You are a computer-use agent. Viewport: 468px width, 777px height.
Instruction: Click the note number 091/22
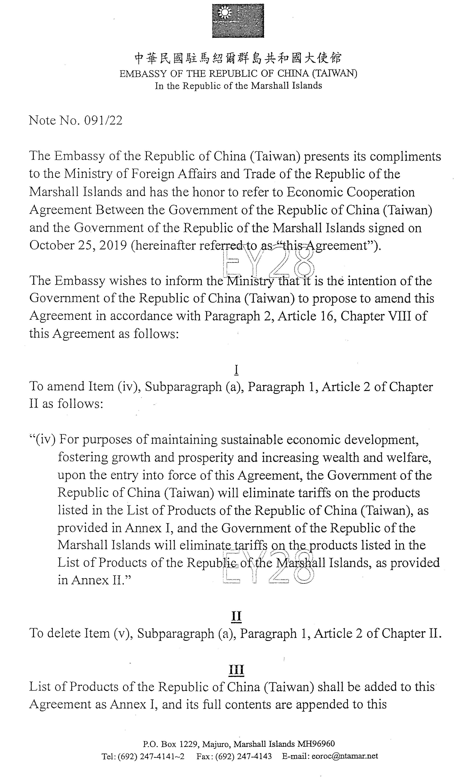(x=103, y=120)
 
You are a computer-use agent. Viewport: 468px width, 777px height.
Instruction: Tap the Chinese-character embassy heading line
(x=238, y=58)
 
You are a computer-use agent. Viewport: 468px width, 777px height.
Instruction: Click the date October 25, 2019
(x=78, y=245)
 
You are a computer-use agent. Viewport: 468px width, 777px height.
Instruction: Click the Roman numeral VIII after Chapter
(x=400, y=316)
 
